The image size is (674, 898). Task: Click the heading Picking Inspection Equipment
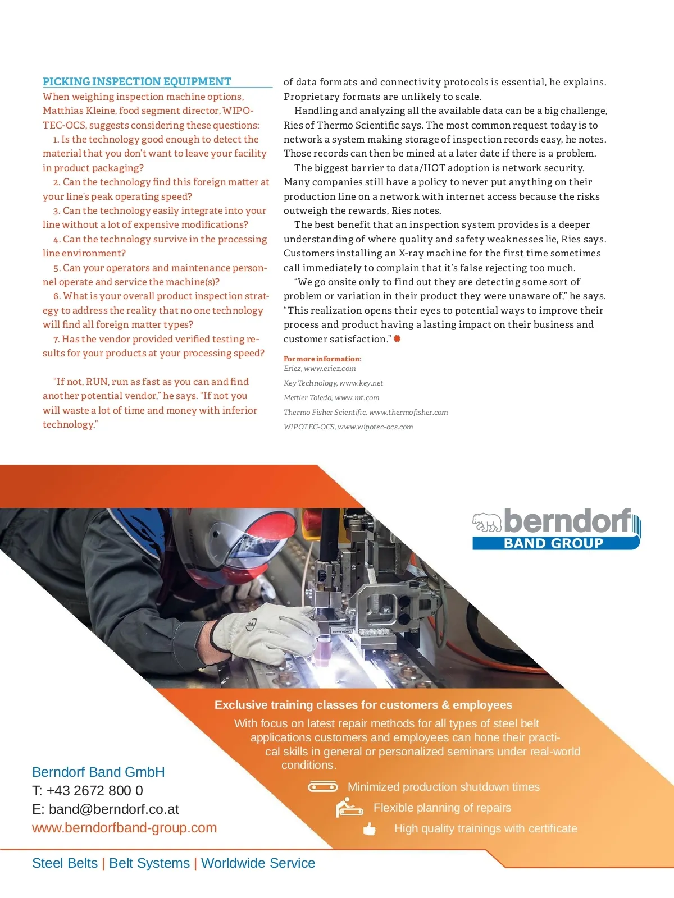pyautogui.click(x=137, y=81)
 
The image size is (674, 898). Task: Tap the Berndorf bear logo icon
pyautogui.click(x=486, y=522)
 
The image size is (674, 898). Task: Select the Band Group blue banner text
pyautogui.click(x=553, y=543)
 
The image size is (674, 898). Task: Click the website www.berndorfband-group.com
pyautogui.click(x=124, y=828)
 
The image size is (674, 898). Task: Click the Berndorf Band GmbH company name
pyautogui.click(x=98, y=772)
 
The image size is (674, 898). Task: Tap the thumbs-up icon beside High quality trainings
pyautogui.click(x=369, y=829)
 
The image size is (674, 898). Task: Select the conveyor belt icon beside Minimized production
pyautogui.click(x=323, y=787)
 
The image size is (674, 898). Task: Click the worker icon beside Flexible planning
pyautogui.click(x=349, y=808)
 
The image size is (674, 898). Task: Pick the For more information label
pyautogui.click(x=322, y=359)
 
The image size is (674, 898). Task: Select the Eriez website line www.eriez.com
pyautogui.click(x=320, y=369)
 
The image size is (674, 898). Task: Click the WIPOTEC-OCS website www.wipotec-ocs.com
pyautogui.click(x=348, y=427)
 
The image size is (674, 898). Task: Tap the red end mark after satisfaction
pyautogui.click(x=397, y=338)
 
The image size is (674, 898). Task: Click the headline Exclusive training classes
pyautogui.click(x=363, y=705)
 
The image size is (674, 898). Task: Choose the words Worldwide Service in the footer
pyautogui.click(x=258, y=863)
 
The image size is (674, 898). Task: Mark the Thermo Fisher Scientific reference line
pyautogui.click(x=366, y=413)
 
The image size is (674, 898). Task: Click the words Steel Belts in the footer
pyautogui.click(x=65, y=863)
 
